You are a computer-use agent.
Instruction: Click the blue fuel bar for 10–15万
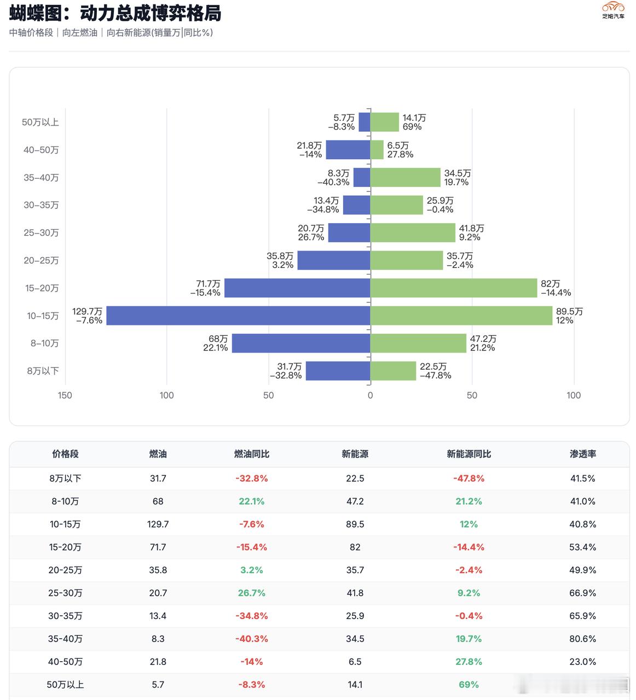tap(238, 316)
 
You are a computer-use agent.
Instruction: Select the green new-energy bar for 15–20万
tap(454, 288)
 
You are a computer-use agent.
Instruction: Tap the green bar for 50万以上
tap(385, 122)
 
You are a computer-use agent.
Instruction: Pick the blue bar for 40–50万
tap(348, 150)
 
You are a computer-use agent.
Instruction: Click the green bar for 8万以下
tap(393, 371)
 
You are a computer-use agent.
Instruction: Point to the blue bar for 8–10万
tap(301, 343)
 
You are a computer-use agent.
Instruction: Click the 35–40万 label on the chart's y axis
tap(41, 178)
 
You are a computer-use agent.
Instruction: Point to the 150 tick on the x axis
tap(65, 395)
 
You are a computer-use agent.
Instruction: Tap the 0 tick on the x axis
tap(370, 395)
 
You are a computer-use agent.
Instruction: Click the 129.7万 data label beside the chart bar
tap(88, 311)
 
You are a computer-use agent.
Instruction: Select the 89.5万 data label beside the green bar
tap(569, 311)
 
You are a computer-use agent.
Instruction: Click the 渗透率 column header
tap(582, 454)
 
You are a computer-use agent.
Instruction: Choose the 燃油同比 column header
tap(251, 454)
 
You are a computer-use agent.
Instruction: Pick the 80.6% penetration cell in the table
tap(582, 639)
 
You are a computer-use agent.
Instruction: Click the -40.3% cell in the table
tap(251, 639)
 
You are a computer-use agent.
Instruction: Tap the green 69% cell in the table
tap(469, 684)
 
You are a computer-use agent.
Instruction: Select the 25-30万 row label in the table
tap(65, 593)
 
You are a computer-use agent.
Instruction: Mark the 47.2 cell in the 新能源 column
tap(355, 501)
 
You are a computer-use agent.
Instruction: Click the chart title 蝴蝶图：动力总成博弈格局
tap(115, 13)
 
